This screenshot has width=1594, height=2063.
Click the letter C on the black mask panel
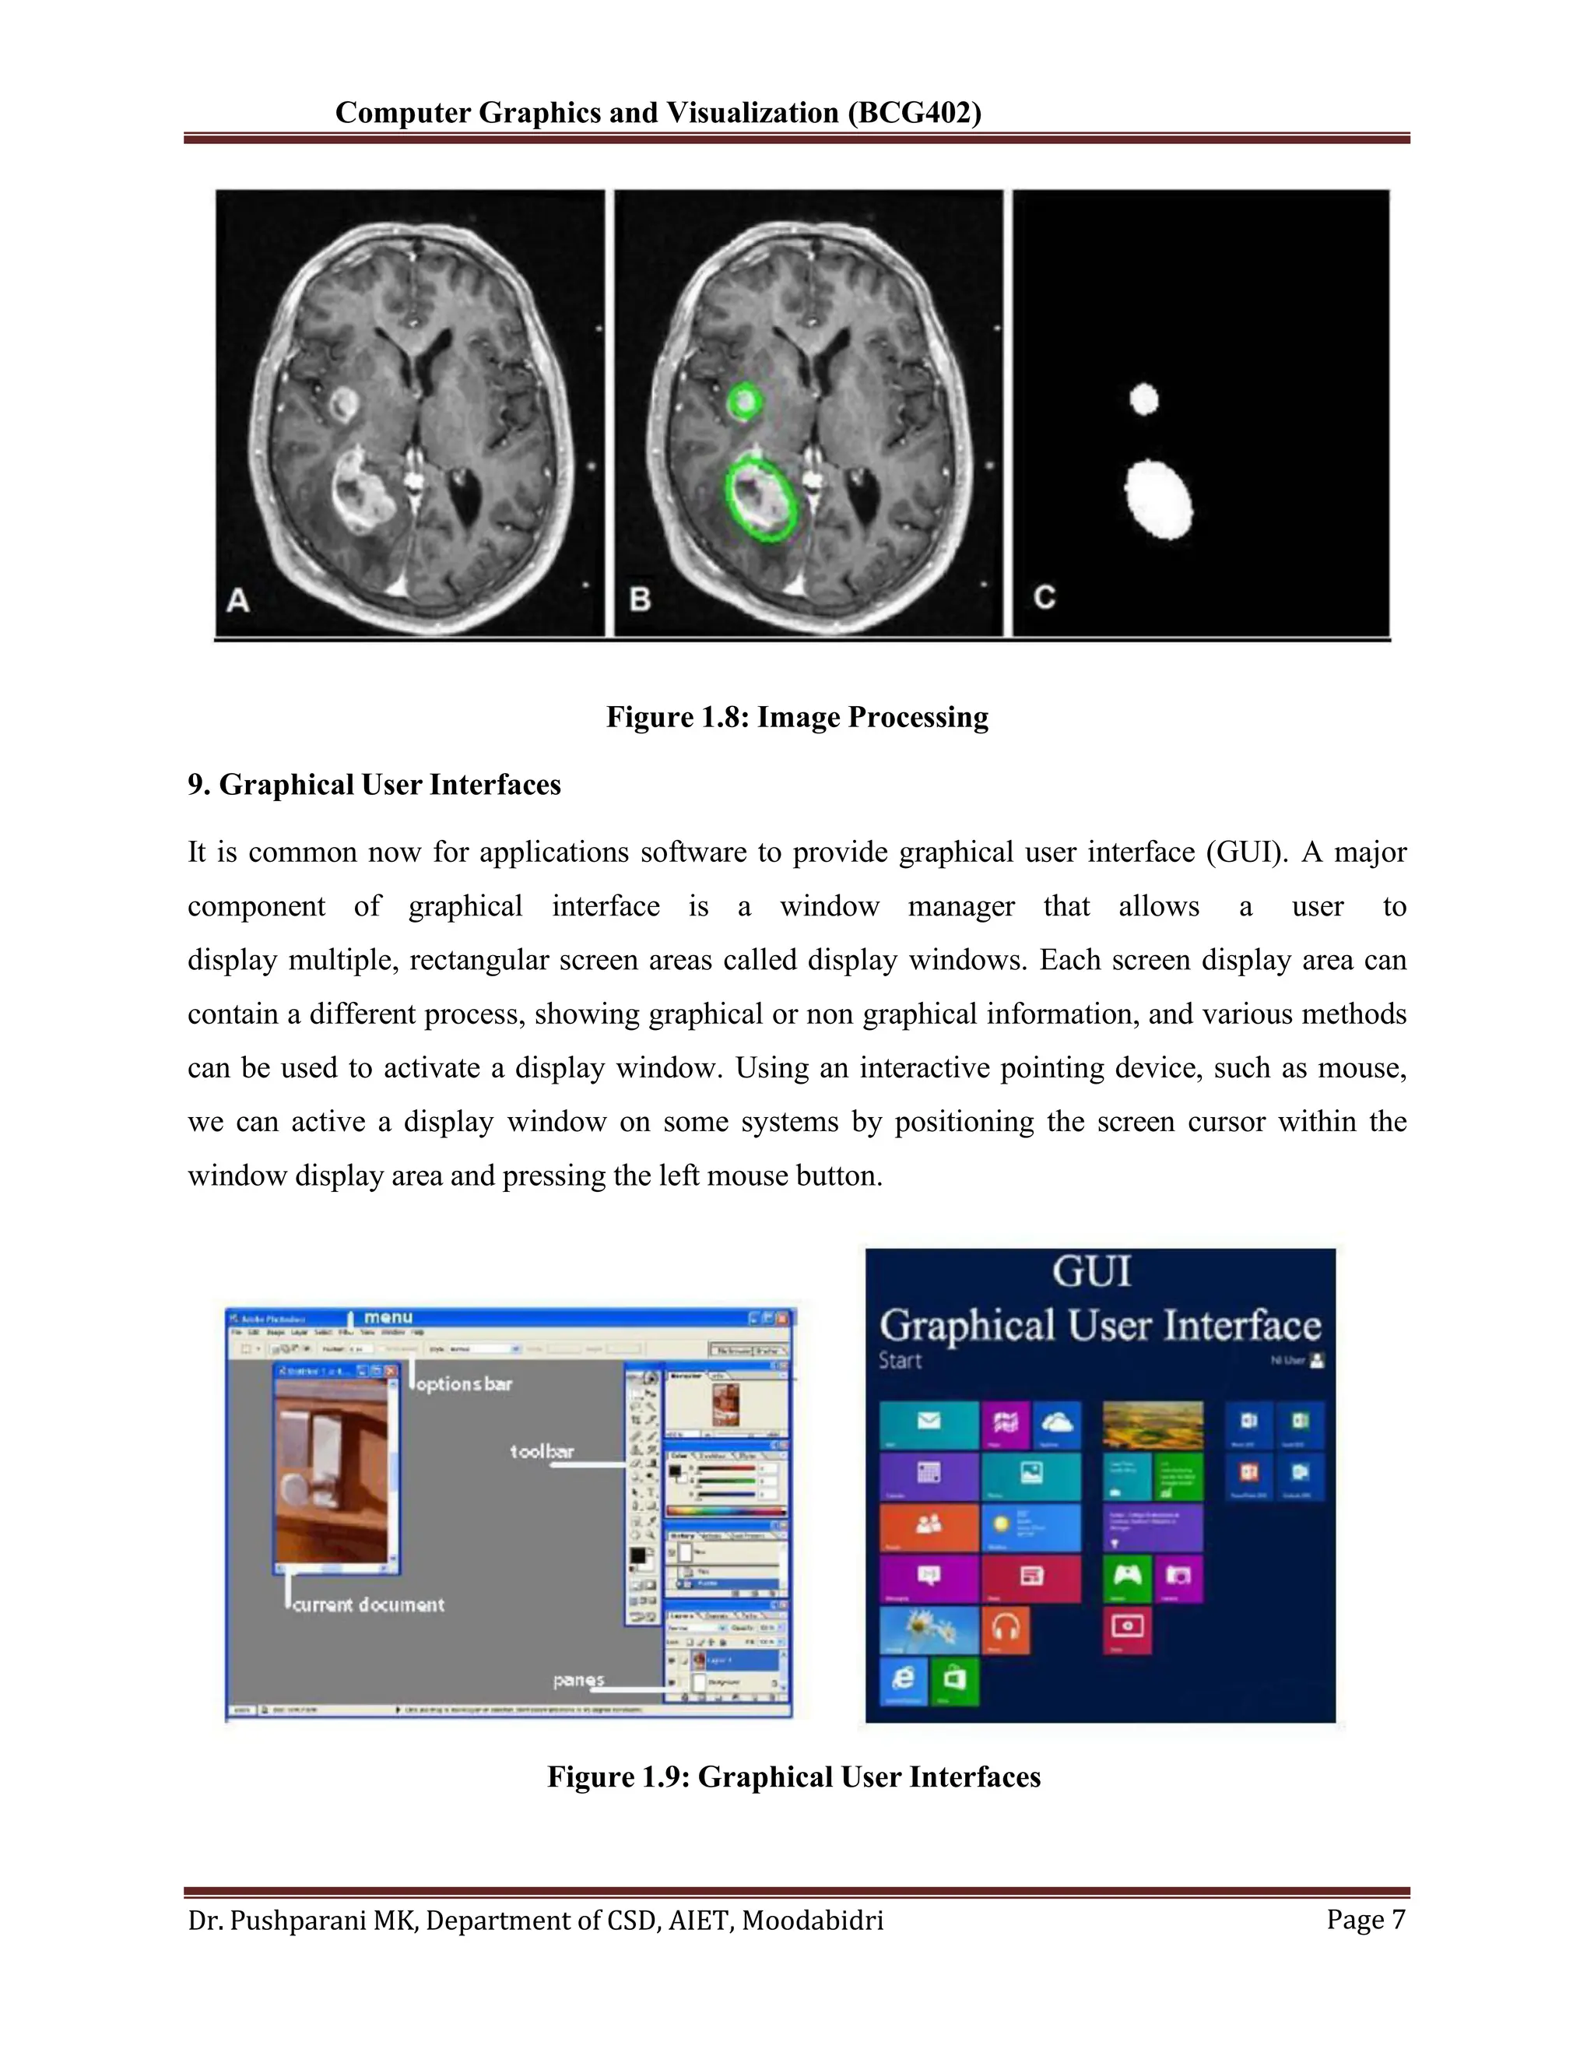click(1045, 597)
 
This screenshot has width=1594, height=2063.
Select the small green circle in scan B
click(745, 402)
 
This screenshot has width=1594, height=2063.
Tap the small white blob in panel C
click(1143, 399)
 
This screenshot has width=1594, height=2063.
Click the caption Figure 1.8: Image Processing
click(797, 717)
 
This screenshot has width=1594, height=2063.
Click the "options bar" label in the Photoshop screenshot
click(464, 1384)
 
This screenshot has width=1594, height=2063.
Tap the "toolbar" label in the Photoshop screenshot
click(542, 1452)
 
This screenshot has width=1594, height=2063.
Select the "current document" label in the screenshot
click(368, 1605)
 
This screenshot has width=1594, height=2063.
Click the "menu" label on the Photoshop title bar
click(388, 1316)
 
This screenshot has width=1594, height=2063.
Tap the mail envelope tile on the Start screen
click(929, 1425)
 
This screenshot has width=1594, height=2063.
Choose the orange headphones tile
click(1006, 1629)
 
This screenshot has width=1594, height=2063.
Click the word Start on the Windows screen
click(900, 1361)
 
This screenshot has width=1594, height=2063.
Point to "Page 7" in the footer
click(1365, 1920)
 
